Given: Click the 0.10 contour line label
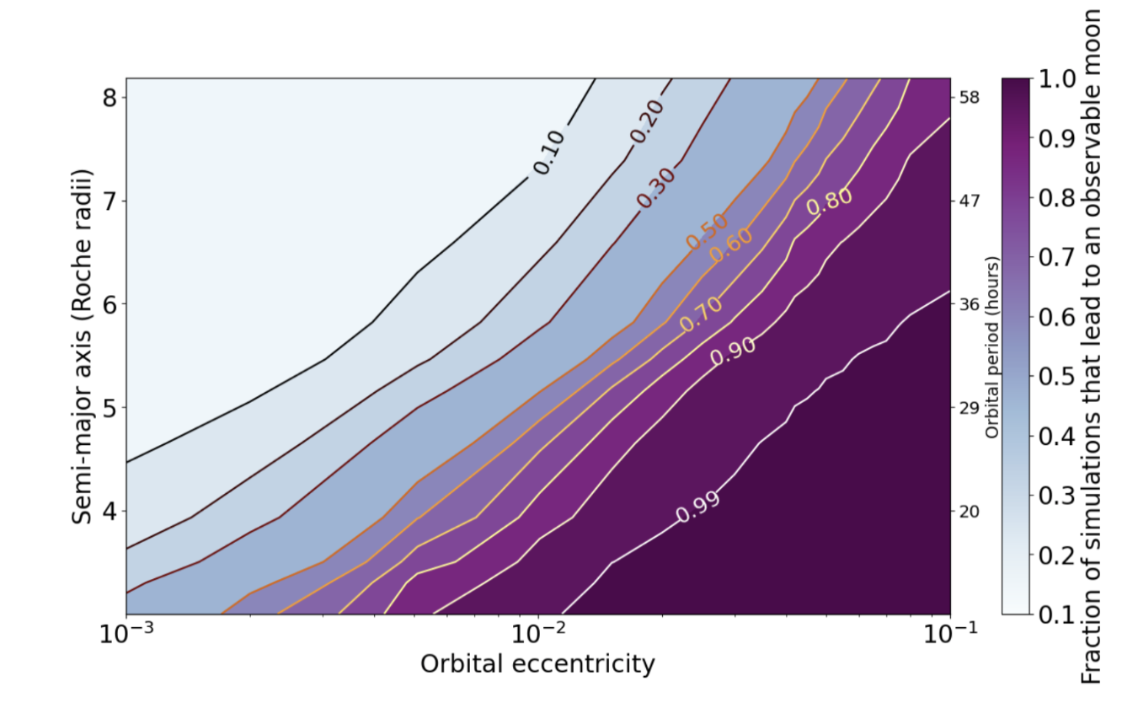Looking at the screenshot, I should [x=548, y=153].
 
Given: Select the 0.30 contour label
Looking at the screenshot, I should [x=655, y=189].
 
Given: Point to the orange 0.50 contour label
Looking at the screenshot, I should [x=706, y=231].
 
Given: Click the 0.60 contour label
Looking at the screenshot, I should [x=729, y=244].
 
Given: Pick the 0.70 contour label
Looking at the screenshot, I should [x=701, y=314].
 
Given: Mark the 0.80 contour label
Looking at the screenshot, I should [x=830, y=201].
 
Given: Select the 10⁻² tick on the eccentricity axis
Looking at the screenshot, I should [x=538, y=635].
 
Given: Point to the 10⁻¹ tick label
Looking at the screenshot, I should [x=949, y=635].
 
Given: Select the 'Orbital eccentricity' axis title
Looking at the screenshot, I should [x=537, y=665].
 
